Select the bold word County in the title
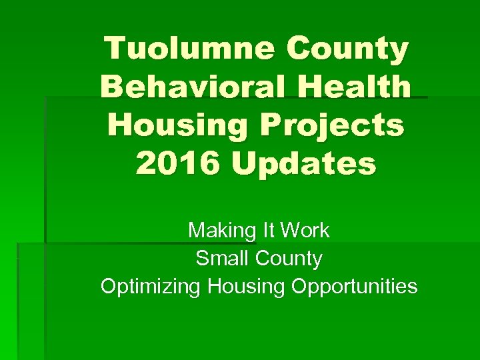(348, 49)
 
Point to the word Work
(305, 231)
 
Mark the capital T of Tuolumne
(117, 49)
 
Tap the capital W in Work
(290, 231)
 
